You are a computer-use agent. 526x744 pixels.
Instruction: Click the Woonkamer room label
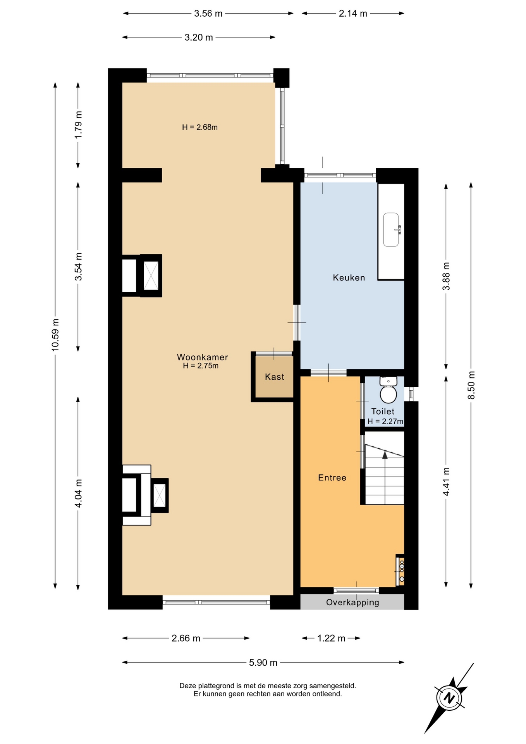202,357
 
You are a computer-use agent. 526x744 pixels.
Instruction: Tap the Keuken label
349,277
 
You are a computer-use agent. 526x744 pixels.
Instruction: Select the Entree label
332,478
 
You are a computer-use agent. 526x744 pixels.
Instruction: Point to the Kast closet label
275,377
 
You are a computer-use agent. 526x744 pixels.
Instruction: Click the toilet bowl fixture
388,391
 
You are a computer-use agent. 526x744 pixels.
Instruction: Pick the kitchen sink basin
391,229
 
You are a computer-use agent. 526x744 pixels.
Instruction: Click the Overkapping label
352,602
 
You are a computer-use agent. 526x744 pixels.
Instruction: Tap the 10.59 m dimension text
55,335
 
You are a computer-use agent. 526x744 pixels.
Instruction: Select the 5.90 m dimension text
263,663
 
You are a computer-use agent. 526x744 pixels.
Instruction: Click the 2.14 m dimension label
353,14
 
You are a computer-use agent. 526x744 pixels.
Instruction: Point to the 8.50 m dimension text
471,385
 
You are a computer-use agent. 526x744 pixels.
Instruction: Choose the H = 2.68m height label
200,127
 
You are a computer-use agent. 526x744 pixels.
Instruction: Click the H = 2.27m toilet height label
385,421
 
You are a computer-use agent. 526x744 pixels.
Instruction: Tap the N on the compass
449,698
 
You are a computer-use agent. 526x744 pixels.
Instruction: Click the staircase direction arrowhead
385,455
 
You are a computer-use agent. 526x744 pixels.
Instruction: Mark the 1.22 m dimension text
331,638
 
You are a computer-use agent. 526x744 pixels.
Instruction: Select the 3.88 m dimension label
446,276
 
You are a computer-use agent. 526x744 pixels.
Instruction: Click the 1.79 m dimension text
78,125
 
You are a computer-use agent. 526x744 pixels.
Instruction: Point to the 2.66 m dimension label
186,638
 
